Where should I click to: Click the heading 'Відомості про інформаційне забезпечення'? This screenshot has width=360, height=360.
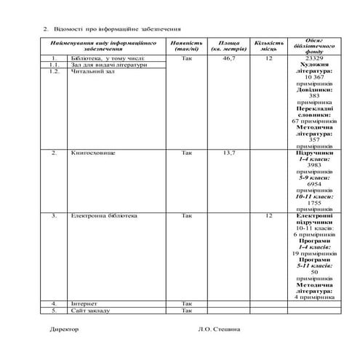point(116,29)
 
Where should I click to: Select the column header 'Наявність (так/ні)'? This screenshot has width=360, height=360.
point(188,46)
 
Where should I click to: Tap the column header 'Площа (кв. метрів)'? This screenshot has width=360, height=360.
point(229,46)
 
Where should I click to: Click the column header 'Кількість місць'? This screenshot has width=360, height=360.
point(268,46)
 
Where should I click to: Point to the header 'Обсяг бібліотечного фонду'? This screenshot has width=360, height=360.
point(314,46)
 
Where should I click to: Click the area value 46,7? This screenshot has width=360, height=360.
point(229,57)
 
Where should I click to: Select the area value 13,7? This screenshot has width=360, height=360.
point(229,153)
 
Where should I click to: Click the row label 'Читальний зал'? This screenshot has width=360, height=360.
point(89,71)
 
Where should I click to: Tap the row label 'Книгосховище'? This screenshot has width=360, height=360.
point(91,153)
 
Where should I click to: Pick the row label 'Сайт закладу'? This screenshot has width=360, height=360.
point(90,310)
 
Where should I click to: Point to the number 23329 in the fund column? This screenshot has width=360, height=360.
point(314,57)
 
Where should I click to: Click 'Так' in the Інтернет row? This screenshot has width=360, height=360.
point(188,303)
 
